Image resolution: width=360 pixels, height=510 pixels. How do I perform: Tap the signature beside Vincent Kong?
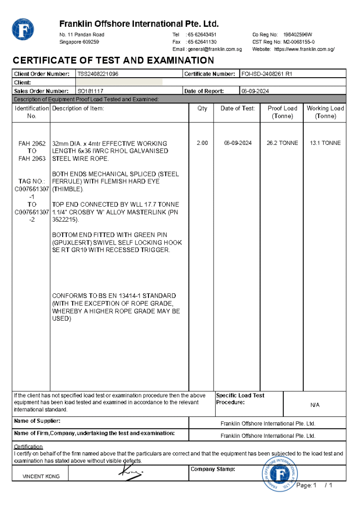[129, 472]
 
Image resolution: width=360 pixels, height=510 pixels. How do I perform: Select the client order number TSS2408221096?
[98, 74]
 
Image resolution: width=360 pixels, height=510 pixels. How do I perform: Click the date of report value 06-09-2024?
[255, 91]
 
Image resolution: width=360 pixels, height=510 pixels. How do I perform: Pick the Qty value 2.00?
[202, 143]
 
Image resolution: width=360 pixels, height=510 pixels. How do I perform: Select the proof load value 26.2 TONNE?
[282, 143]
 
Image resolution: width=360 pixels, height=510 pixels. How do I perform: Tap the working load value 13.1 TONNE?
[325, 143]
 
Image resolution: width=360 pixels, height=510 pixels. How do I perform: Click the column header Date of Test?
[238, 108]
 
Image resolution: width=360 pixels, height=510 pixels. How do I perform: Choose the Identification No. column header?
[32, 112]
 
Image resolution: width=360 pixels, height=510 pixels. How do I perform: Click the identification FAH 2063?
[32, 159]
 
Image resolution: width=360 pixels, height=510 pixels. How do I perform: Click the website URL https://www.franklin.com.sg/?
[304, 49]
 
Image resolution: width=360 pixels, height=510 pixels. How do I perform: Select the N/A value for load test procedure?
[315, 405]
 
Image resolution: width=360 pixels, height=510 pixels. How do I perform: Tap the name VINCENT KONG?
[41, 477]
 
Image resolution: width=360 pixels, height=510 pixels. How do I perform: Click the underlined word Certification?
[28, 447]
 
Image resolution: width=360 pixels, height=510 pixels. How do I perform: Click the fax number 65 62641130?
[201, 42]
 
